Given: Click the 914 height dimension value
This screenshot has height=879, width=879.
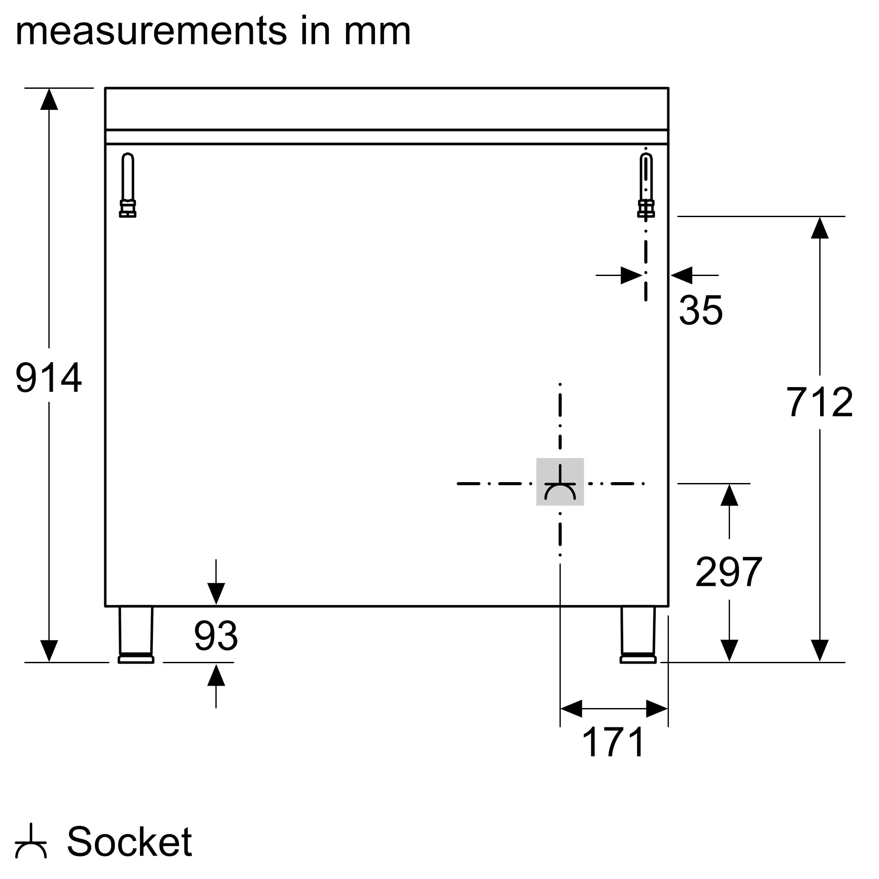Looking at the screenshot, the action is pyautogui.click(x=49, y=377).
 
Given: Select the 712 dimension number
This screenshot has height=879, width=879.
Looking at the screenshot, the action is pyautogui.click(x=819, y=402).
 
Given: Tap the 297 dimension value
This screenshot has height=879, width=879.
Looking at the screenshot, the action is pyautogui.click(x=729, y=572).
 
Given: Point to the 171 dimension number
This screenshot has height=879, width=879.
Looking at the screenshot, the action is pyautogui.click(x=613, y=742).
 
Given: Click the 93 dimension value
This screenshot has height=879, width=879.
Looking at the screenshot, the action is pyautogui.click(x=216, y=636).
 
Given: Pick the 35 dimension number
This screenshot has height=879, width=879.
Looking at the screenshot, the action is pyautogui.click(x=701, y=310).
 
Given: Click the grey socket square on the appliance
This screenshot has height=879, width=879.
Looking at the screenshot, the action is pyautogui.click(x=560, y=482).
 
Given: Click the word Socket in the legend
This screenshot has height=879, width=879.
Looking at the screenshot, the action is pyautogui.click(x=130, y=841).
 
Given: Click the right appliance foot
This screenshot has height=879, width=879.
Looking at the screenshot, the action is pyautogui.click(x=638, y=635).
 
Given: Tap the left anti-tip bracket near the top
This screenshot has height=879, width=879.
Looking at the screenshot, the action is pyautogui.click(x=128, y=185).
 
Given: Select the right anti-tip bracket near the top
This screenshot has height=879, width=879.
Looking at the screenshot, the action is pyautogui.click(x=646, y=185).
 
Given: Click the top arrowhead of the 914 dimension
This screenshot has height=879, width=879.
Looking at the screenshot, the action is pyautogui.click(x=49, y=99).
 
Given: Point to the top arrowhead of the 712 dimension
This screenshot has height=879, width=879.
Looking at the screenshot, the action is pyautogui.click(x=820, y=228).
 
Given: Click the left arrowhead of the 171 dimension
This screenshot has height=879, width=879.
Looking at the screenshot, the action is pyautogui.click(x=571, y=708).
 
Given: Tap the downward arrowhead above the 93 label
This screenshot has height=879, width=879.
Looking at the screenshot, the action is pyautogui.click(x=216, y=594).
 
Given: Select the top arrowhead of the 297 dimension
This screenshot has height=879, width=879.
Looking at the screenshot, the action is pyautogui.click(x=729, y=495).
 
